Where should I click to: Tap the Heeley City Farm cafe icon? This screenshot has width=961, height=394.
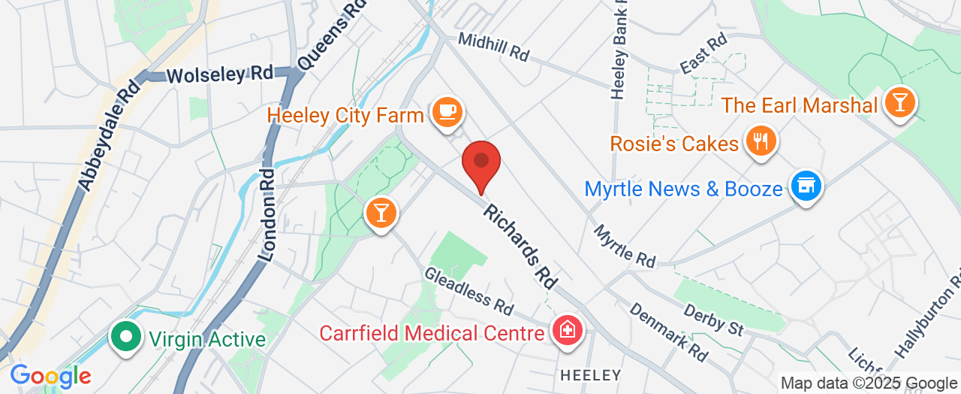(x=448, y=112)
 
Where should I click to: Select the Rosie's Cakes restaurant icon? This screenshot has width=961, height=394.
(x=761, y=140)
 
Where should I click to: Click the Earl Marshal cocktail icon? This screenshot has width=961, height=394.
(x=899, y=102)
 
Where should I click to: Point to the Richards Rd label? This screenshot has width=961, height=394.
(x=520, y=245)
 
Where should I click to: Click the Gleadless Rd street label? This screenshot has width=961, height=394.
(x=468, y=291)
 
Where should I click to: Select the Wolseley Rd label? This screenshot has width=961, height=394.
(x=219, y=74)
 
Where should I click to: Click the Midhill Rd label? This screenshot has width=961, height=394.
(x=493, y=47)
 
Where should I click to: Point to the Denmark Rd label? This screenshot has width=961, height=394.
(x=668, y=332)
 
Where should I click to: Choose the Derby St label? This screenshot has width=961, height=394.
(x=713, y=319)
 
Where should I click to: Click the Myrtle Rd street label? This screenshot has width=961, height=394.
(x=625, y=246)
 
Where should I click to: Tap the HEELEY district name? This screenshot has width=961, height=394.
(x=591, y=374)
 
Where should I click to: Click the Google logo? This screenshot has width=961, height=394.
(x=50, y=375)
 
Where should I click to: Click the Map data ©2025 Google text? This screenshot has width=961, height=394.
(x=869, y=383)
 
